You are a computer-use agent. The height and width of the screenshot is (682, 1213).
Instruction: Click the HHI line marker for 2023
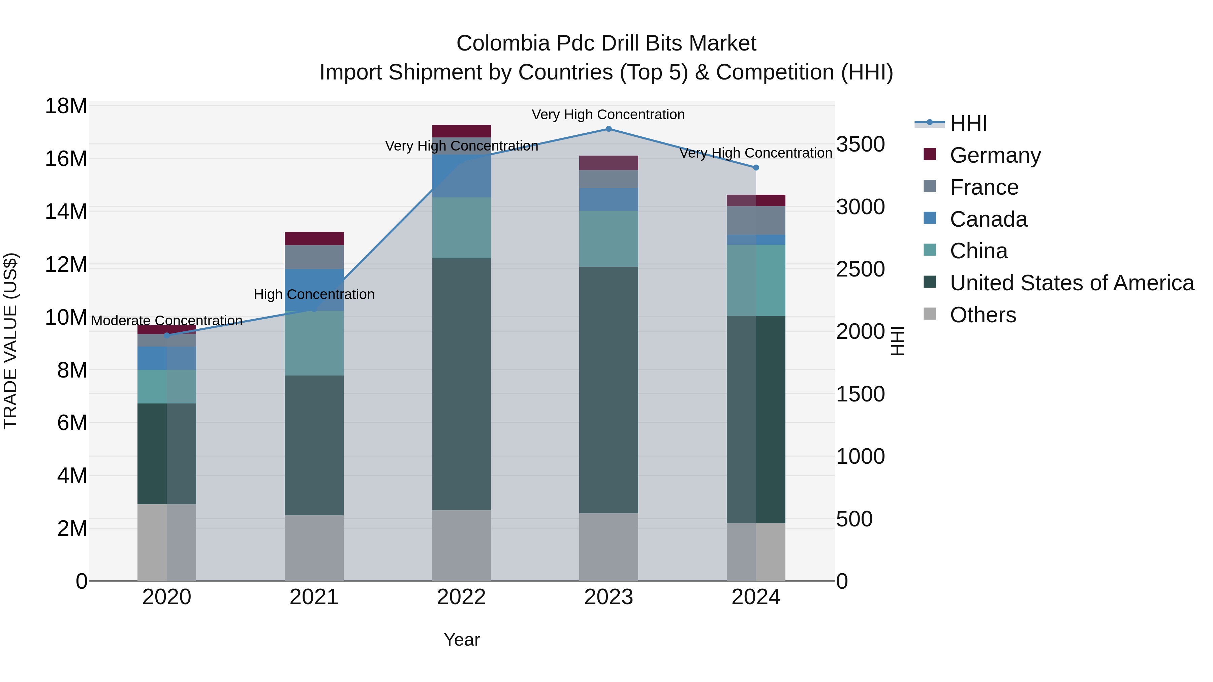[609, 129]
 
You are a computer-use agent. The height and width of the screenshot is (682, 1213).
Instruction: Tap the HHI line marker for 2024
[756, 168]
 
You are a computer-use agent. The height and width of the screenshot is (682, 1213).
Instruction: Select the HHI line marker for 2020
[167, 335]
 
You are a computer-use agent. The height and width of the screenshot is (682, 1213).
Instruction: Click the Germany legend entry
[995, 155]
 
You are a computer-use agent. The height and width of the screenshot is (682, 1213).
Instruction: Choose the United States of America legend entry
[1072, 283]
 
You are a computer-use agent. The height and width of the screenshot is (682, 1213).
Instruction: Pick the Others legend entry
[983, 315]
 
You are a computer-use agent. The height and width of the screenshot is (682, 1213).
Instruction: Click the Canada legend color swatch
[930, 218]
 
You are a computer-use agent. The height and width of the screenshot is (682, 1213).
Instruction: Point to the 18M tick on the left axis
[66, 106]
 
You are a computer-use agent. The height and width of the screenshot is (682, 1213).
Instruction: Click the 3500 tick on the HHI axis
[860, 144]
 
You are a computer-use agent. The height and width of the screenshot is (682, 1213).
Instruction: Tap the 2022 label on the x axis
[461, 597]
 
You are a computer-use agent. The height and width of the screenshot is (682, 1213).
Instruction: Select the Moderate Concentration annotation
[167, 321]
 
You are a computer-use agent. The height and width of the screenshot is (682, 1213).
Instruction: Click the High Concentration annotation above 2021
[314, 295]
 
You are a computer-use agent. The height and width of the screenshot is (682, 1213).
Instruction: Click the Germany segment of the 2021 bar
[314, 239]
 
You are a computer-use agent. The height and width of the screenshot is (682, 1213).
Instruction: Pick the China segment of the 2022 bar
[461, 228]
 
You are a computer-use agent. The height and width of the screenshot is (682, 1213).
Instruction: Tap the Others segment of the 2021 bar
[314, 548]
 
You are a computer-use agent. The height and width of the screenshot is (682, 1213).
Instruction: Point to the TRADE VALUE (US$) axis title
[10, 341]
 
